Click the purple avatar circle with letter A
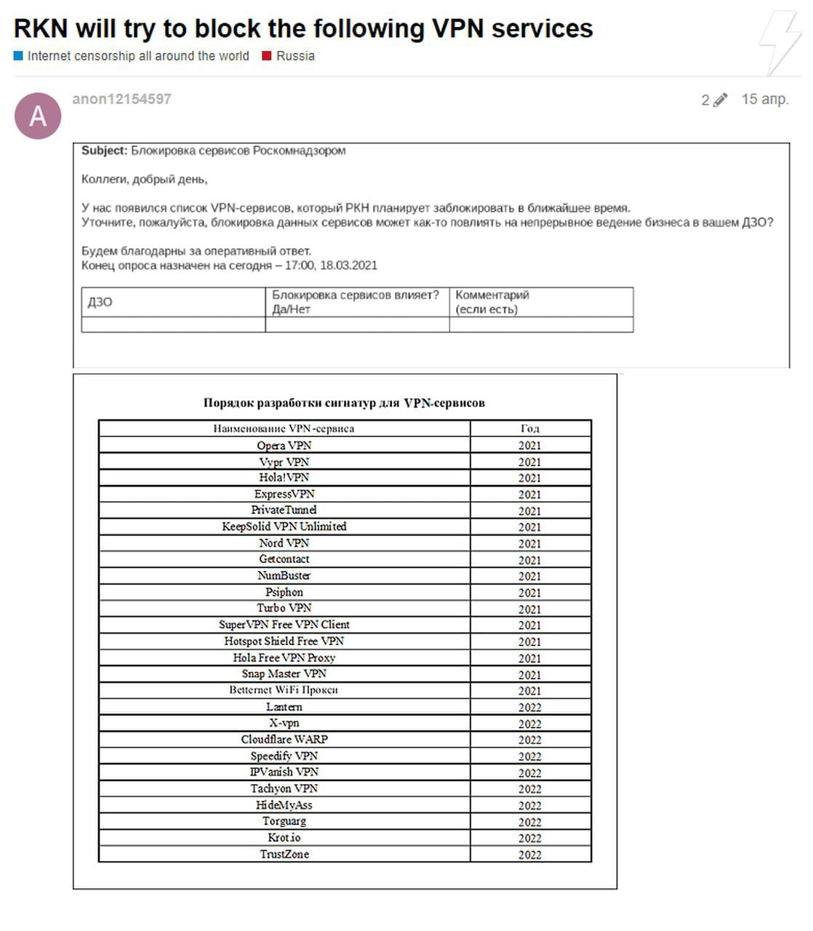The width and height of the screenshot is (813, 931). click(38, 116)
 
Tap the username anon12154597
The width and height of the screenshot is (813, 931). click(121, 99)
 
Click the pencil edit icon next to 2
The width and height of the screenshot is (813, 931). click(719, 100)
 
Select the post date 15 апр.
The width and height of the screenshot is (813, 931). click(764, 99)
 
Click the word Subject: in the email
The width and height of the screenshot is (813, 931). click(104, 151)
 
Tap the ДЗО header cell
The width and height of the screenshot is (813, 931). click(100, 302)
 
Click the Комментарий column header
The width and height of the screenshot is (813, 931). click(492, 295)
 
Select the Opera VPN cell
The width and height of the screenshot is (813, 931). click(284, 445)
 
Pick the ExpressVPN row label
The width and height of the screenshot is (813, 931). click(284, 494)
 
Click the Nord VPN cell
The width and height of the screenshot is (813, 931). click(284, 543)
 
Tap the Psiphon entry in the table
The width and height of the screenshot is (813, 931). click(284, 592)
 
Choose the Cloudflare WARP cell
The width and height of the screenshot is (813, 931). click(284, 739)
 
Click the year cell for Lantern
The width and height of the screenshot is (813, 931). click(529, 707)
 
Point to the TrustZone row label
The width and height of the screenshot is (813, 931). click(284, 854)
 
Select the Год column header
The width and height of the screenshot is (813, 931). click(529, 428)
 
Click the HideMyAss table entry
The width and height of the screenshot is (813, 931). click(284, 805)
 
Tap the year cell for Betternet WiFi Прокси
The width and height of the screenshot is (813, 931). click(529, 690)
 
